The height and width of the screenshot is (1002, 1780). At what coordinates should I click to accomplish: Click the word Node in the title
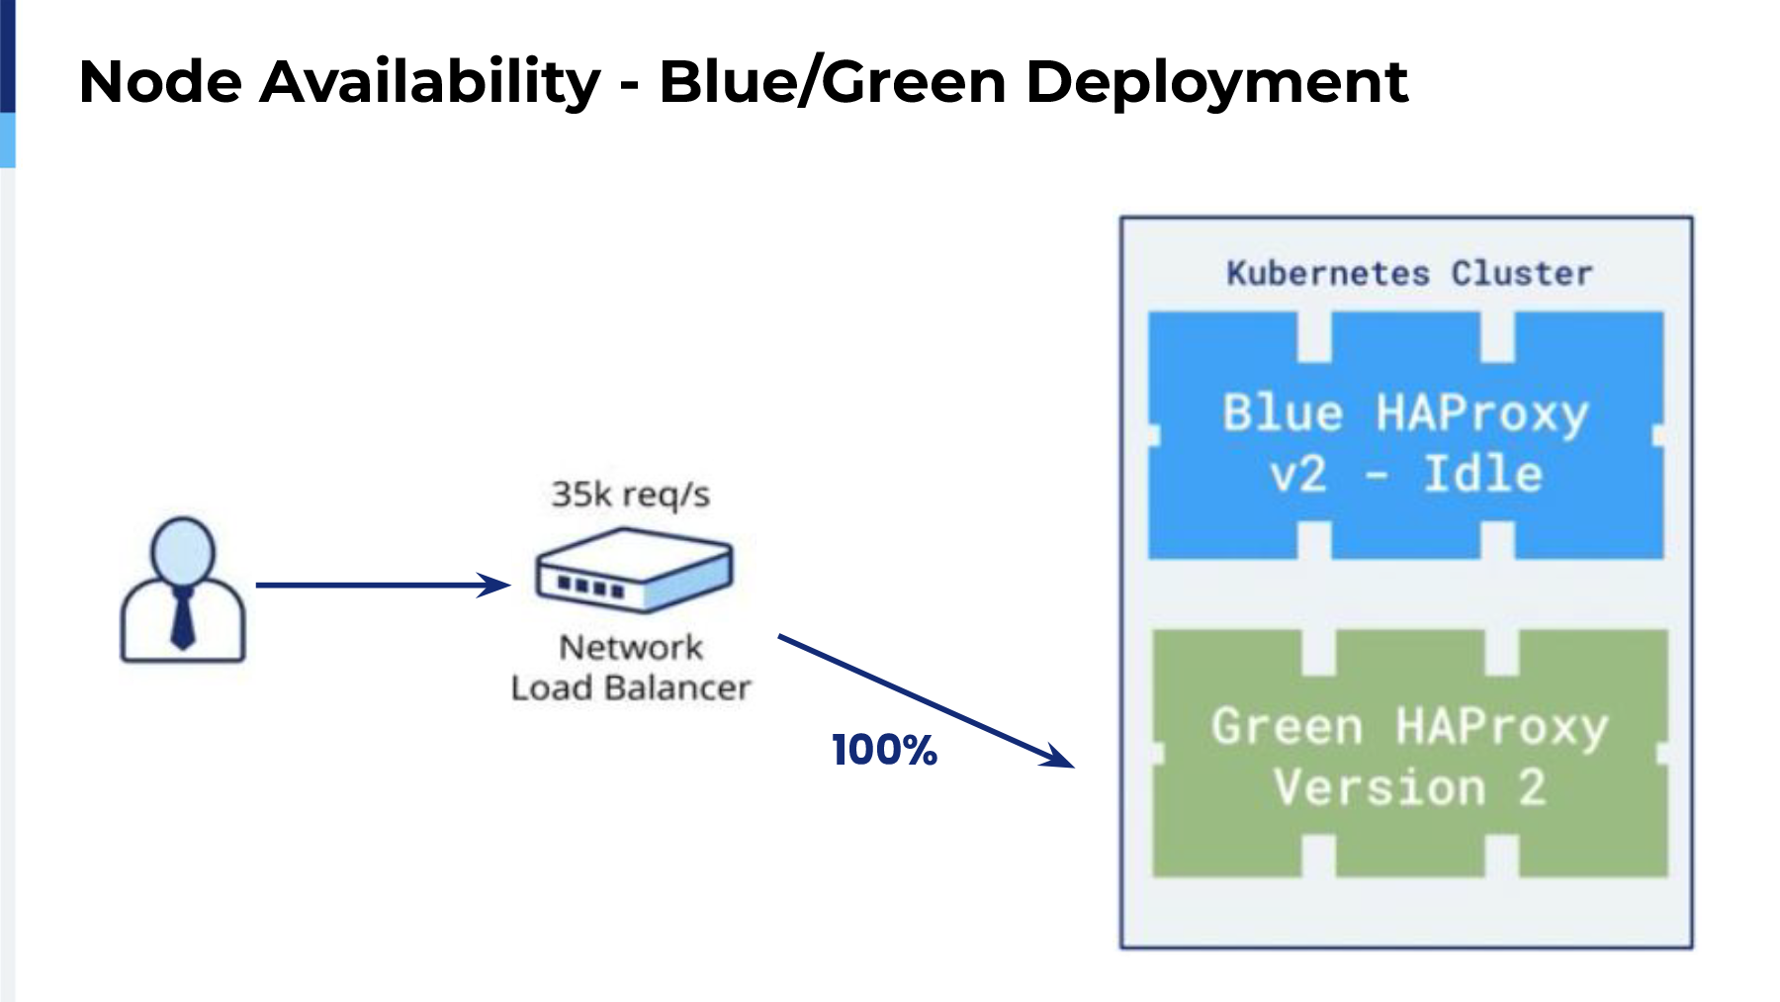pos(160,81)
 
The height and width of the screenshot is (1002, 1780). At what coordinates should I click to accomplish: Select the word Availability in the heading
pos(430,81)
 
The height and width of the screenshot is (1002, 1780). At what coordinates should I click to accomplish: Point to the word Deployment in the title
pos(1216,83)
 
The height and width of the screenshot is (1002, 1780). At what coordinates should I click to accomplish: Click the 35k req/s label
pos(631,495)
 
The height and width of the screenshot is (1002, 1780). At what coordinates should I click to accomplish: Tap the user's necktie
pos(183,617)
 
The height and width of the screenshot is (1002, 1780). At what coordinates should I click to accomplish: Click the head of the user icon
pos(183,550)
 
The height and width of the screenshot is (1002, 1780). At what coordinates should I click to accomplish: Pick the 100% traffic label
pos(884,750)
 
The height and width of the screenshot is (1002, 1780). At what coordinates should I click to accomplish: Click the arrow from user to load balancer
pos(383,585)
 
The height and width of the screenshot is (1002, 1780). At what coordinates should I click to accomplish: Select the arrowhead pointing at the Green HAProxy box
pos(1056,755)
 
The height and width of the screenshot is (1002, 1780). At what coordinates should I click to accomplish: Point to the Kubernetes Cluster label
pos(1409,273)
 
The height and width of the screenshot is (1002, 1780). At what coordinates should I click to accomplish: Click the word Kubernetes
pos(1328,273)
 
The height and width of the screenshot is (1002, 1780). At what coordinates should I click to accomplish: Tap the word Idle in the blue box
pos(1483,474)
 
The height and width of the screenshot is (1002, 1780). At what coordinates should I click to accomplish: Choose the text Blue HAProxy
pos(1405,414)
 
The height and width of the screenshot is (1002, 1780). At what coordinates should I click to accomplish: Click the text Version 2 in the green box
pos(1410,788)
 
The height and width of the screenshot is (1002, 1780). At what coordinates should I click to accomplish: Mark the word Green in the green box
pos(1288,727)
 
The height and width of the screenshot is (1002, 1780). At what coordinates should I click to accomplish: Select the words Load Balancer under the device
pos(631,687)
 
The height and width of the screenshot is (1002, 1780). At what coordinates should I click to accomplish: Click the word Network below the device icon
pos(631,647)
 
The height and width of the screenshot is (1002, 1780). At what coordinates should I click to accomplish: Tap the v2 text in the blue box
pos(1297,475)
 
